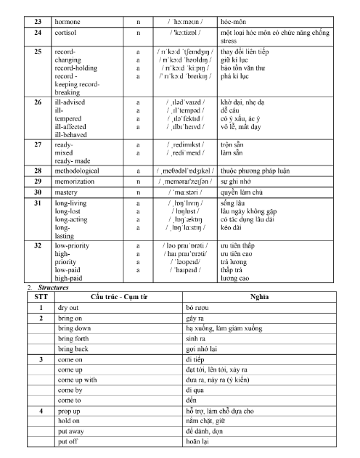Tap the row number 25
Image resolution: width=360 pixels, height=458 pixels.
tap(38, 52)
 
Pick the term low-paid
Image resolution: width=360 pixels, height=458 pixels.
tap(67, 269)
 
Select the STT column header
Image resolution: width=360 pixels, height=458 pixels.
tap(41, 297)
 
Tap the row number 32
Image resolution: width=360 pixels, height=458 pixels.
tap(38, 245)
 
